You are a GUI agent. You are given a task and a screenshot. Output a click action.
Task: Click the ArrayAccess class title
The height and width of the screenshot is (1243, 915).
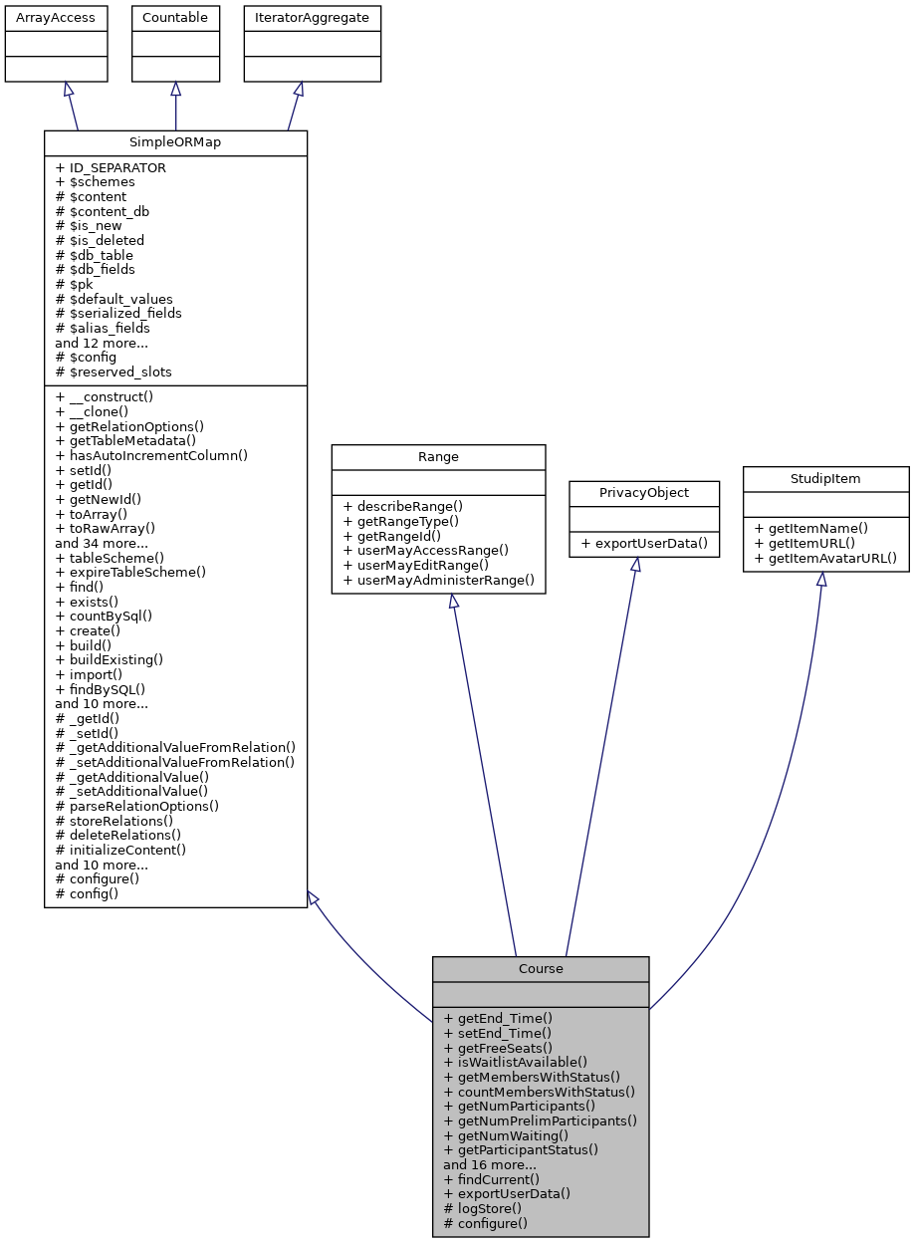(x=56, y=18)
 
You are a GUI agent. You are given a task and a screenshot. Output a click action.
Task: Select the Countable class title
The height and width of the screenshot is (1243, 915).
(x=175, y=18)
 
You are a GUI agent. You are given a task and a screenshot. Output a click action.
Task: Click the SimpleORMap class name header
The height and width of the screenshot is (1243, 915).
(x=175, y=142)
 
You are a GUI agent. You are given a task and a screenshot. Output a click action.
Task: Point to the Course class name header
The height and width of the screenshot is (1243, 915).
(x=541, y=968)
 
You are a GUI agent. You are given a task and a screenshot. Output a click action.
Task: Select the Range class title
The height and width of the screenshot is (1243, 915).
(x=438, y=456)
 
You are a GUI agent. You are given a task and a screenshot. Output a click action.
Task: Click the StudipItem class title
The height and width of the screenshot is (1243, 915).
(x=825, y=479)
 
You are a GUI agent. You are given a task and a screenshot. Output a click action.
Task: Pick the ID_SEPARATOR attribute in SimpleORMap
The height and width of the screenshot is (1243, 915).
(x=111, y=168)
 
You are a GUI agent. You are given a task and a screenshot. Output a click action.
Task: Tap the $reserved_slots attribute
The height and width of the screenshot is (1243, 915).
(x=113, y=372)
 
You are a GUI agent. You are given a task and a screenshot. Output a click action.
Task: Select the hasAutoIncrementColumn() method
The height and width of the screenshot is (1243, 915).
(x=150, y=455)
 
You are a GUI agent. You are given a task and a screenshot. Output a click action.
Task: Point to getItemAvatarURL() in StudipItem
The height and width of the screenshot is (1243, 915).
(x=825, y=558)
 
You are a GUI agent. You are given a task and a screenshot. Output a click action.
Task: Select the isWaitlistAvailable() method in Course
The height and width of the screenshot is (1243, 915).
(x=515, y=1062)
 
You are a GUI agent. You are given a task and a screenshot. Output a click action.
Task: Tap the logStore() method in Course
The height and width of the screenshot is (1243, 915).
(x=482, y=1208)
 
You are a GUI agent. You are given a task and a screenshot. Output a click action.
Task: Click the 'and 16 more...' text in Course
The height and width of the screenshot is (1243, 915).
(x=490, y=1164)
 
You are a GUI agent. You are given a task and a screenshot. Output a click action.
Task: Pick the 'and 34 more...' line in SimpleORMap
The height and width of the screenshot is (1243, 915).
(x=102, y=543)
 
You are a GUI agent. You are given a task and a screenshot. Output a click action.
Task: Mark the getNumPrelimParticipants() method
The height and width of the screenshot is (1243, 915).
(x=540, y=1120)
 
